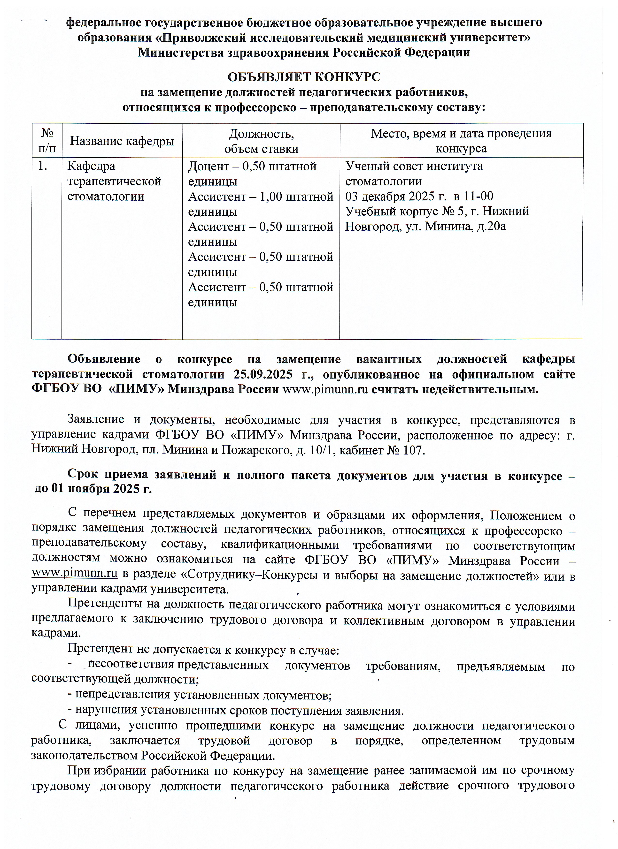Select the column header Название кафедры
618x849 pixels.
[122, 141]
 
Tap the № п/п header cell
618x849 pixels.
[47, 141]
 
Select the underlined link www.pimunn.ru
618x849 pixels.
[75, 573]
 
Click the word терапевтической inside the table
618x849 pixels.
[114, 181]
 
